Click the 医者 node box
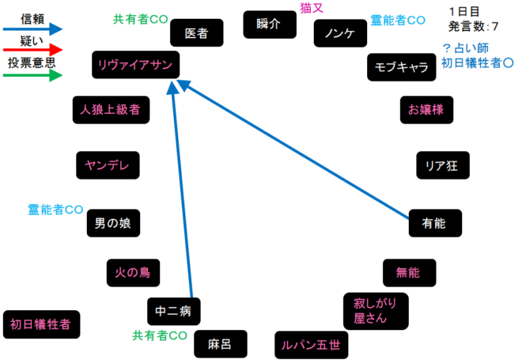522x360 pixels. pyautogui.click(x=196, y=33)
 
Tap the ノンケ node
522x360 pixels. pyautogui.click(x=339, y=33)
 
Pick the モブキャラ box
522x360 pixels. pyautogui.click(x=403, y=67)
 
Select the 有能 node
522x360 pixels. pyautogui.click(x=434, y=224)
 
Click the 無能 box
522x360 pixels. pyautogui.click(x=409, y=273)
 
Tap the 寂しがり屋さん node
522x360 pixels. pyautogui.click(x=376, y=311)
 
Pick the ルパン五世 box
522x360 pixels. pyautogui.click(x=311, y=345)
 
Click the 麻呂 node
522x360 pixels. pyautogui.click(x=220, y=344)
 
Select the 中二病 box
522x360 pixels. pyautogui.click(x=174, y=311)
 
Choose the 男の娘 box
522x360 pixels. pyautogui.click(x=113, y=224)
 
